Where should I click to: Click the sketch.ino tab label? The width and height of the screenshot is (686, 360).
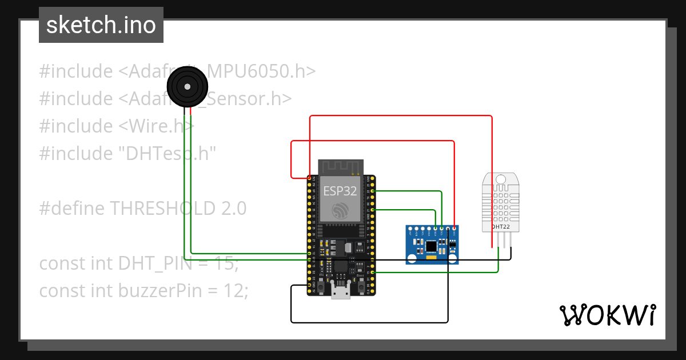101,25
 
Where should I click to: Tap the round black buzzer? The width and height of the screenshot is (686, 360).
186,87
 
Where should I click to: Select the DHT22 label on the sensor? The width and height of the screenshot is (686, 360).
501,227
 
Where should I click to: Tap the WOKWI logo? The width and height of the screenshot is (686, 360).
607,315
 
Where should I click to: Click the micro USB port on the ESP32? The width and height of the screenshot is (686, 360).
341,293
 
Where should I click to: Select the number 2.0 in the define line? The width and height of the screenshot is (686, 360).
233,209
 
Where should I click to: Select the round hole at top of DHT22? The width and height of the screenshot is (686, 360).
501,179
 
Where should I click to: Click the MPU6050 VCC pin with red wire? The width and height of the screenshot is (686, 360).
454,230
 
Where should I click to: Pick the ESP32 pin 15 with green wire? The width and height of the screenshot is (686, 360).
373,273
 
